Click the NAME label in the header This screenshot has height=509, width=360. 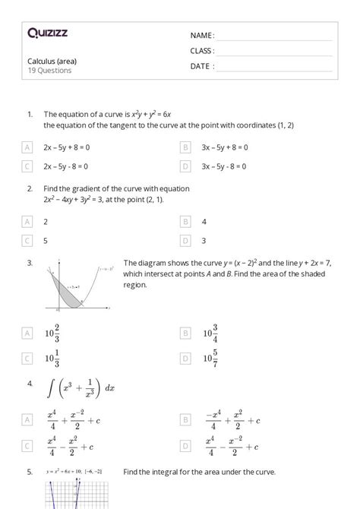point(202,36)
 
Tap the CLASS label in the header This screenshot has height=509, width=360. point(202,51)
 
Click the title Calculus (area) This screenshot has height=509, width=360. point(52,61)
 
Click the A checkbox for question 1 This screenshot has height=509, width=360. point(27,147)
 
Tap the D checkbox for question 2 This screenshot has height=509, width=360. point(185,241)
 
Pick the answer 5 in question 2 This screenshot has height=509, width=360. point(46,241)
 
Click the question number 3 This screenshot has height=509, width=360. point(29,262)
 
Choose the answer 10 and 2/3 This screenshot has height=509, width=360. point(52,333)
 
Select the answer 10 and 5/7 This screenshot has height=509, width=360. point(210,359)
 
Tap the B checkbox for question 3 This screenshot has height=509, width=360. point(185,333)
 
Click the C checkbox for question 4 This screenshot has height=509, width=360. point(27,445)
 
